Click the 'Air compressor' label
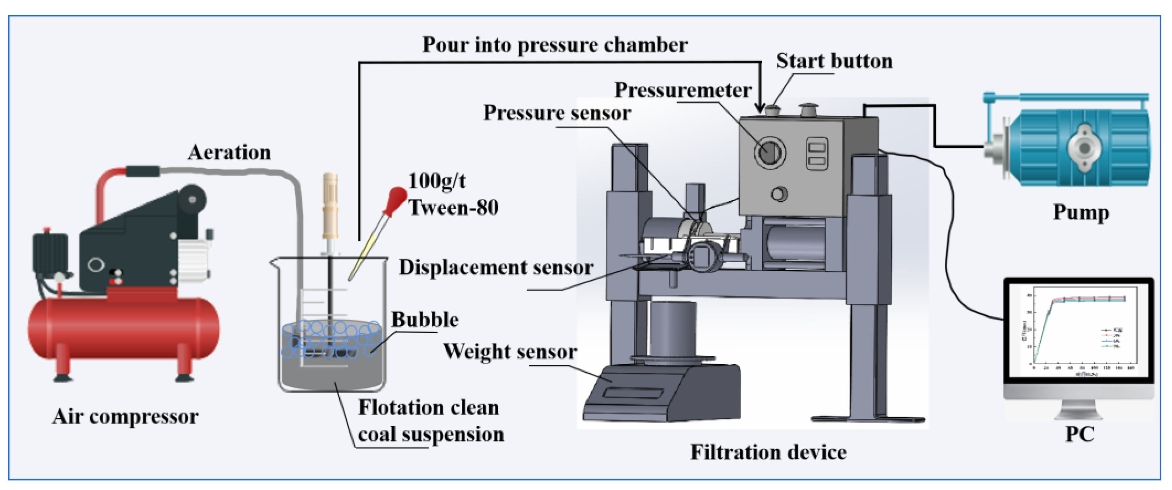click(x=125, y=416)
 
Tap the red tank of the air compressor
click(x=123, y=328)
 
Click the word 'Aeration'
click(x=229, y=153)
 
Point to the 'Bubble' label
click(x=425, y=320)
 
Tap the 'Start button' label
click(x=834, y=61)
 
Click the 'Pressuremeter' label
click(x=682, y=90)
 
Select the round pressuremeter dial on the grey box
click(x=769, y=152)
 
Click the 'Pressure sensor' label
click(x=557, y=113)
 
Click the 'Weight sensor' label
click(x=510, y=352)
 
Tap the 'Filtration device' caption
click(x=768, y=452)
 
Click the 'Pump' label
click(x=1081, y=212)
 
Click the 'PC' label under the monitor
click(x=1079, y=434)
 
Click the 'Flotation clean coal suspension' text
click(x=430, y=421)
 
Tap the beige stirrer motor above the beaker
click(x=330, y=205)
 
